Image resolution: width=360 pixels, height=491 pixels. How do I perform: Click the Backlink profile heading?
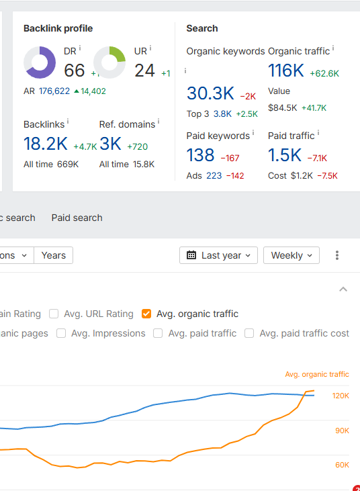(x=58, y=28)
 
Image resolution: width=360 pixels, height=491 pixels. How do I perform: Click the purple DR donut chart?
(x=40, y=62)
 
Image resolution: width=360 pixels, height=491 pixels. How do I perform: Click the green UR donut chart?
(x=109, y=62)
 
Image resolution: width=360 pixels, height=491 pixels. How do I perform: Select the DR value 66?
(x=75, y=70)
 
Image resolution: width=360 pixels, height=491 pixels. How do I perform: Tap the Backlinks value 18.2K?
(x=46, y=144)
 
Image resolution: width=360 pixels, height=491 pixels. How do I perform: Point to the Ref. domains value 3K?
(x=109, y=144)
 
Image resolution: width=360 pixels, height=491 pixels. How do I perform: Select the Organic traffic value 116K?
(x=286, y=70)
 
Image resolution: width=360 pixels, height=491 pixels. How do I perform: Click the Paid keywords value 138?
(x=200, y=155)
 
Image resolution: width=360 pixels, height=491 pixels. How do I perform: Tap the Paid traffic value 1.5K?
(x=285, y=155)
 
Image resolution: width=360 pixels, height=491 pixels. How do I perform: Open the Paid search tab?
(x=77, y=218)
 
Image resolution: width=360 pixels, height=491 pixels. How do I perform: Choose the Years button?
(x=53, y=255)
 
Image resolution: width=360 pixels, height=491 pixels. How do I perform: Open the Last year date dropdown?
(x=219, y=255)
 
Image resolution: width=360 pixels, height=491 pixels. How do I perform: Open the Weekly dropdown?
(x=291, y=255)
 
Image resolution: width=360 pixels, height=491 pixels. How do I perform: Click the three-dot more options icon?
(x=337, y=255)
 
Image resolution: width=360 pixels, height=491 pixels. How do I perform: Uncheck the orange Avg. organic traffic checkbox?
(x=147, y=314)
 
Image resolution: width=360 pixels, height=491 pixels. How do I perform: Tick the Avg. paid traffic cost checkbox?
(x=249, y=333)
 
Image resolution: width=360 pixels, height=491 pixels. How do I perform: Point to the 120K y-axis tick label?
(x=341, y=396)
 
